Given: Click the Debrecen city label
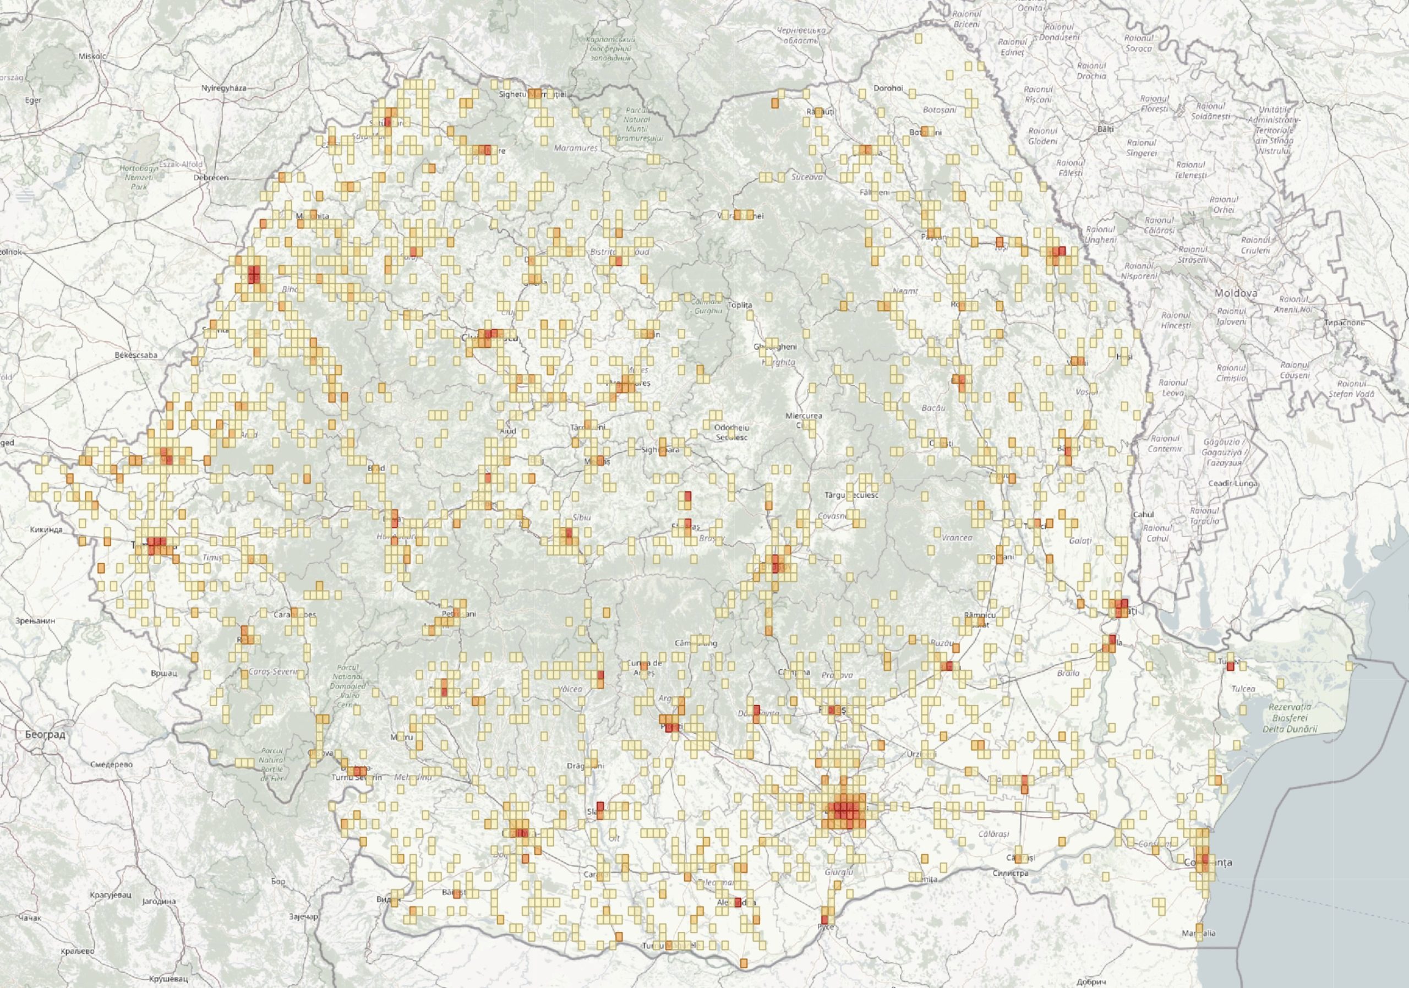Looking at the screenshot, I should [210, 177].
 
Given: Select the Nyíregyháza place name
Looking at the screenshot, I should [223, 88].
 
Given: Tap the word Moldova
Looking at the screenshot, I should [1235, 293].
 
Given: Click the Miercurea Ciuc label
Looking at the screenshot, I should [804, 420].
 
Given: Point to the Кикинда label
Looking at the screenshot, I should [46, 529].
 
